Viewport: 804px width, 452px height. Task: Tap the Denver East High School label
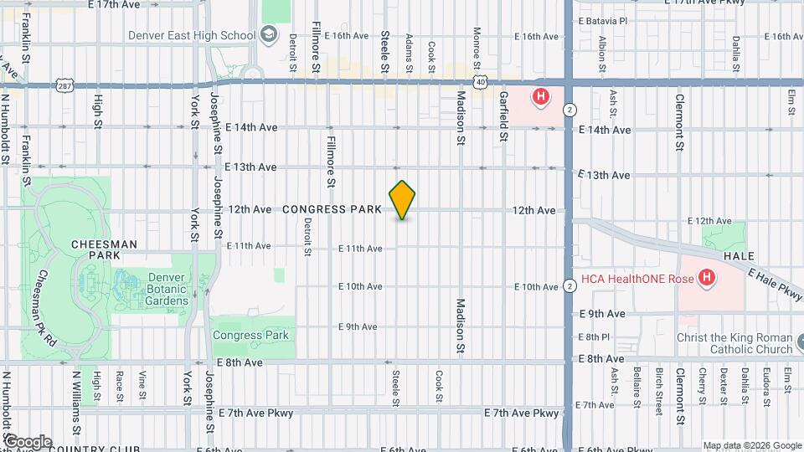tap(192, 35)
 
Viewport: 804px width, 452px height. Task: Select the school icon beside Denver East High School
tap(269, 34)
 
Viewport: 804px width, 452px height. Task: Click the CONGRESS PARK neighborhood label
tap(332, 209)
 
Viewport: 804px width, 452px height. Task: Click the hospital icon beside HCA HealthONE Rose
tap(708, 277)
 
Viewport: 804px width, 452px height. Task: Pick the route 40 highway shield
tap(479, 82)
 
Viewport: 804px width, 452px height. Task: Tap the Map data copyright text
tap(751, 445)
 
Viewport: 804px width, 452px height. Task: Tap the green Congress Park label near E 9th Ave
tap(250, 335)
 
